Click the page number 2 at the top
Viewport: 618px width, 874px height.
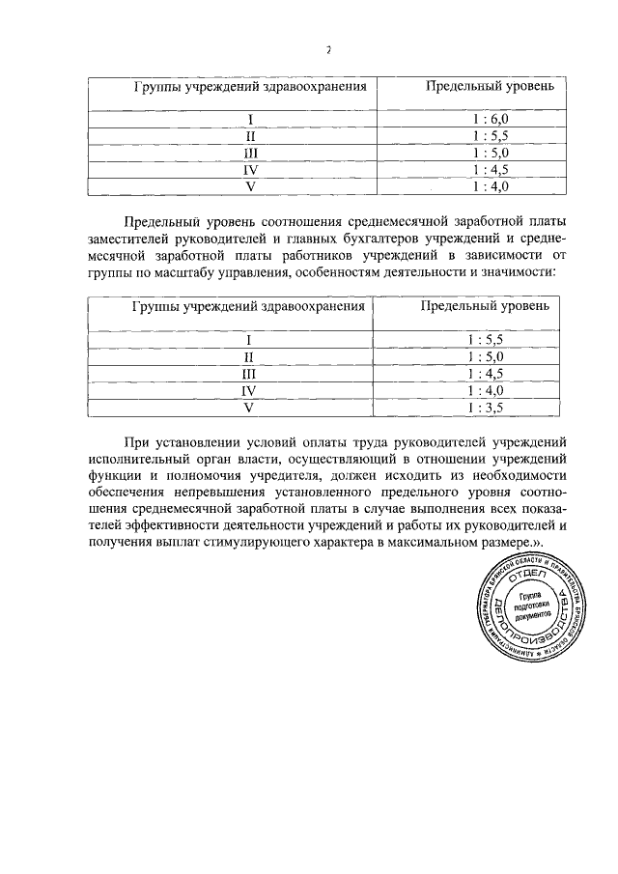click(x=327, y=50)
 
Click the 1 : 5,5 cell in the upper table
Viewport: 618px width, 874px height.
click(x=491, y=136)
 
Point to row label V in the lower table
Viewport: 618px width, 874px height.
click(x=249, y=408)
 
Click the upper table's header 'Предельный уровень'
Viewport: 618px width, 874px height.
click(x=491, y=88)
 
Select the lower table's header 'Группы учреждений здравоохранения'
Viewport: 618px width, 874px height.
click(x=248, y=308)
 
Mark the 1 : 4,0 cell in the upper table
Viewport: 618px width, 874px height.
click(x=491, y=186)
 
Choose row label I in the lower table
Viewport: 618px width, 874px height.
click(x=249, y=340)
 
